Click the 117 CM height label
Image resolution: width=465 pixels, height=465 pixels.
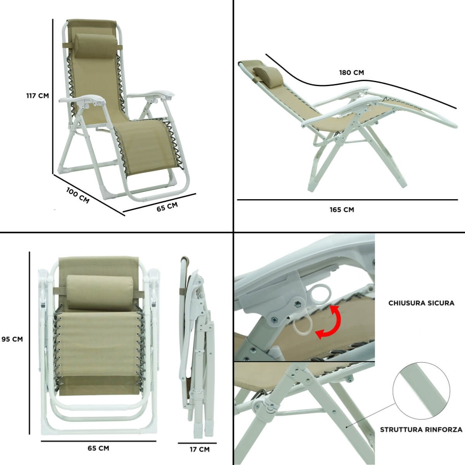(38, 96)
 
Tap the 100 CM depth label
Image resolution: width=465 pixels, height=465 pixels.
(78, 195)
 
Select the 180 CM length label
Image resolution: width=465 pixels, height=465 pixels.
(351, 72)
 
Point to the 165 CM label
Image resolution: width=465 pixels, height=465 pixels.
(342, 210)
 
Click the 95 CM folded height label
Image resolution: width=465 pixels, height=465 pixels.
(12, 339)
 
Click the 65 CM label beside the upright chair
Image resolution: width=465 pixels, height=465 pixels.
(167, 207)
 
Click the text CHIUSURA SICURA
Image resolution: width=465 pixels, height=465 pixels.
(421, 303)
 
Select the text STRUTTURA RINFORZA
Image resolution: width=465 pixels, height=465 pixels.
(421, 430)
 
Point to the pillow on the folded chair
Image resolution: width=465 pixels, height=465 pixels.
(100, 293)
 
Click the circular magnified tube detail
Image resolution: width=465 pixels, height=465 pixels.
(421, 391)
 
